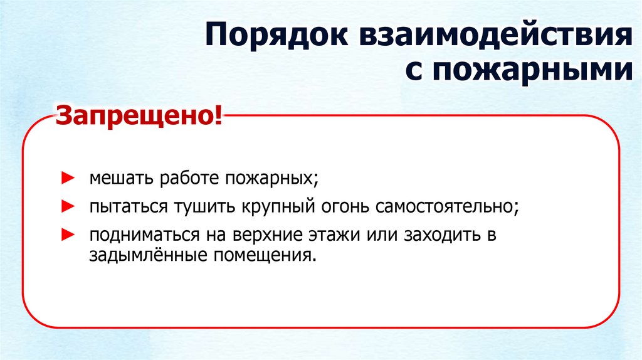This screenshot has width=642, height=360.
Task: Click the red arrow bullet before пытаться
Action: point(66,206)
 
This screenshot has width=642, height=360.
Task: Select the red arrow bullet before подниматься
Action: point(66,235)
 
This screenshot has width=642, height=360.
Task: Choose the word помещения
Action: point(263,256)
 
